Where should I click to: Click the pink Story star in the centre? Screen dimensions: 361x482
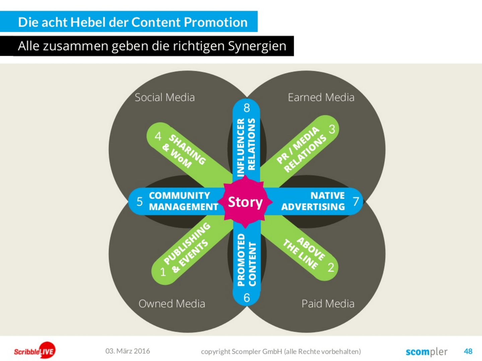point(245,202)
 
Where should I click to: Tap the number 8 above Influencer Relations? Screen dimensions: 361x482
point(247,108)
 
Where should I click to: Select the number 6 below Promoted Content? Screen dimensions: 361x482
point(247,297)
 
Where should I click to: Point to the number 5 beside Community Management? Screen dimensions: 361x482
point(140,202)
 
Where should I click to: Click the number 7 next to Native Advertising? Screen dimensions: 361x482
point(356,202)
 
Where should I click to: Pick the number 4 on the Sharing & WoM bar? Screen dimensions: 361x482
point(158,136)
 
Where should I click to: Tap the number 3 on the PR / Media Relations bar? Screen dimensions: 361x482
point(332,129)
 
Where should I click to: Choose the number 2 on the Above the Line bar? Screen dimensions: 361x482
point(331,267)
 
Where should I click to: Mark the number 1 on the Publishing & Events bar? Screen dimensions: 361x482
point(163,272)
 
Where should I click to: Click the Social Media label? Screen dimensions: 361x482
point(164,97)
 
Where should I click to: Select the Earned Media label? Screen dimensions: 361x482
point(321,97)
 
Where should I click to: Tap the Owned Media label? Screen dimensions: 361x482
point(172,304)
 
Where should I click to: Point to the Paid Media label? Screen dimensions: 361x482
point(328,304)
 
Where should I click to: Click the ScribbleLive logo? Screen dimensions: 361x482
point(35,351)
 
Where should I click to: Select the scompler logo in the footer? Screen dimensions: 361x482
point(426,352)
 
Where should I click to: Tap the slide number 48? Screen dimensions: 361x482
point(468,351)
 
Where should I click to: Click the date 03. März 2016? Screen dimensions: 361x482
point(128,351)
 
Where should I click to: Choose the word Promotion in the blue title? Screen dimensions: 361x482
point(216,22)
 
